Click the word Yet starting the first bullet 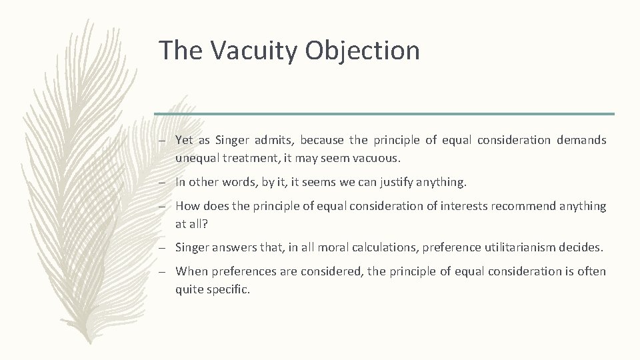pyautogui.click(x=184, y=140)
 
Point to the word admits pyautogui.click(x=273, y=140)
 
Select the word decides pyautogui.click(x=581, y=247)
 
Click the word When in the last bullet pyautogui.click(x=191, y=271)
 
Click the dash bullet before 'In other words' pyautogui.click(x=163, y=183)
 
